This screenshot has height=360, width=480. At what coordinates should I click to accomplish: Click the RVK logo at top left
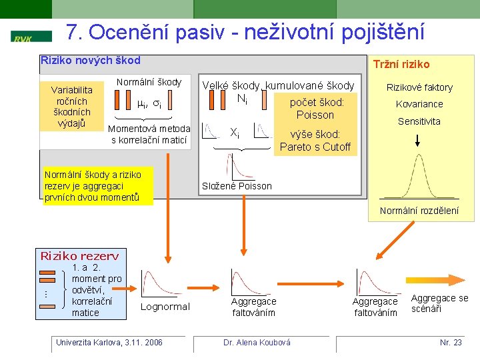click(x=31, y=37)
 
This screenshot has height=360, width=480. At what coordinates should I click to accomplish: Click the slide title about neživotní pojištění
click(x=245, y=33)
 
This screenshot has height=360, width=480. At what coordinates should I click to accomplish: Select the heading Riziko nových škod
click(x=91, y=61)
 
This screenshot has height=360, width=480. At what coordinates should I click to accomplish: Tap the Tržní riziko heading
click(x=401, y=64)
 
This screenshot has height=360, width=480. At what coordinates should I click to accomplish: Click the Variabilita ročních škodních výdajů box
click(x=73, y=106)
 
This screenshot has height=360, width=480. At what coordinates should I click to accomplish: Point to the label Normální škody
click(x=149, y=82)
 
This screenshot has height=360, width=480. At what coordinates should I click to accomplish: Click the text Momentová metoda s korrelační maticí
click(x=150, y=134)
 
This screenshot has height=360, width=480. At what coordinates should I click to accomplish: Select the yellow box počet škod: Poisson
click(x=315, y=108)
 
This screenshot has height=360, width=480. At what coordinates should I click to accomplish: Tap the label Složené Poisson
click(x=237, y=186)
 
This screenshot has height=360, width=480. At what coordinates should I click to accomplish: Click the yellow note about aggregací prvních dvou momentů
click(x=97, y=186)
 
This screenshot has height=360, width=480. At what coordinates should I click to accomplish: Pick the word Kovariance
click(x=419, y=104)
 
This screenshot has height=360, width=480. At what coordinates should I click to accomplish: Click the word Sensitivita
click(x=419, y=121)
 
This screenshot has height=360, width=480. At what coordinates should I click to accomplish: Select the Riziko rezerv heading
click(x=79, y=256)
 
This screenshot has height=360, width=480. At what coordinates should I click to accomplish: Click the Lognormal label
click(x=165, y=307)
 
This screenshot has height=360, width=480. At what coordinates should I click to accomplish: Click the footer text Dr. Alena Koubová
click(x=257, y=343)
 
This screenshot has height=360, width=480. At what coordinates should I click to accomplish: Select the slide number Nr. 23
click(x=451, y=343)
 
